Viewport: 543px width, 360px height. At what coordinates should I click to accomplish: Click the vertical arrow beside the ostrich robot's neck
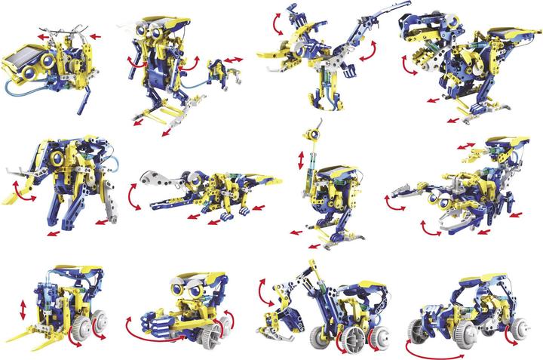pos(302,161)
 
